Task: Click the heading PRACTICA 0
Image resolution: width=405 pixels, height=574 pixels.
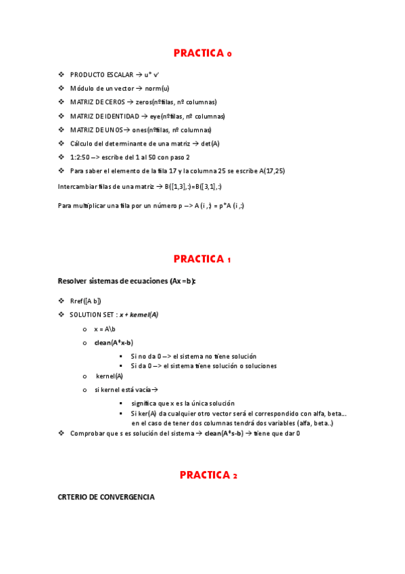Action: tap(202, 53)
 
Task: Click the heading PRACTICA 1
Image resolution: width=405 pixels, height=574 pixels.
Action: tap(202, 259)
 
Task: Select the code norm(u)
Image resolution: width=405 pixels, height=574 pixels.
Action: tap(157, 88)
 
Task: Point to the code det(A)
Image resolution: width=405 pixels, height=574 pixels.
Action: tap(210, 143)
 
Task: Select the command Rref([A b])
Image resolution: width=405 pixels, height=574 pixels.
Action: tap(85, 301)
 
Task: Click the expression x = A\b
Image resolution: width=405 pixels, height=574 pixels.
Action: tap(105, 328)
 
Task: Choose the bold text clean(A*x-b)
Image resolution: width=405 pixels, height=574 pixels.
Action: tap(114, 343)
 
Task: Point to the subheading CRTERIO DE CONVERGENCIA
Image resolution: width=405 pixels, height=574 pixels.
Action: tap(106, 498)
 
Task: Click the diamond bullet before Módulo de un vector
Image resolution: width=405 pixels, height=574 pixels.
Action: tap(61, 88)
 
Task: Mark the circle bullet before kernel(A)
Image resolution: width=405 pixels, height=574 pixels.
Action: tap(85, 376)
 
